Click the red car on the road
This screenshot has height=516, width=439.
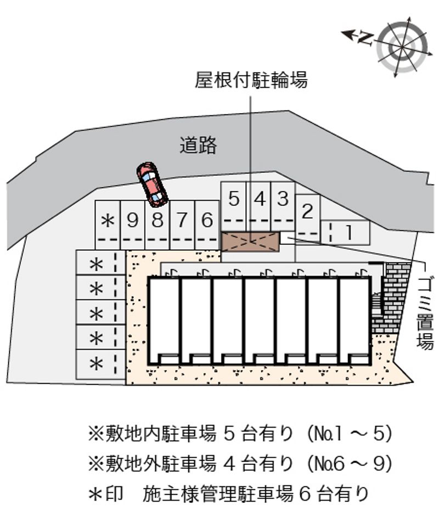coord(152,184)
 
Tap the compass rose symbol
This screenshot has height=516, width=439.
coord(402,47)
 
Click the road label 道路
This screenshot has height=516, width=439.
coord(198,145)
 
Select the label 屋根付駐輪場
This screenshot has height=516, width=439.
coord(251,80)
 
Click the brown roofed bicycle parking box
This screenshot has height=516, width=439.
coord(250,242)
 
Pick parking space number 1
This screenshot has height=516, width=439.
coord(346,232)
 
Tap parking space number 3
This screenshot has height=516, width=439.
coord(283,206)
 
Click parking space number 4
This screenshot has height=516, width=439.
coord(258,206)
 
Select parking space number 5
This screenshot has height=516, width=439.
coord(234,206)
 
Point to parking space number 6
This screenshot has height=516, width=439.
coord(207,225)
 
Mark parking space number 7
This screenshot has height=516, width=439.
coord(182,225)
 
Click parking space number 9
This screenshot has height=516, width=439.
coord(133,225)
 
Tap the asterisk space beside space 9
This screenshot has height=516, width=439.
coord(108,225)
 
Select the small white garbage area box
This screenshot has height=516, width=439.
coord(288,238)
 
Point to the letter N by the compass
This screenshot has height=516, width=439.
coord(365,38)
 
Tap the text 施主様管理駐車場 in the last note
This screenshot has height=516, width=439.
coord(218,494)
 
